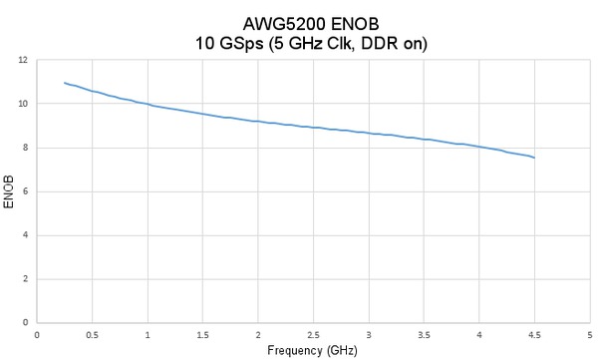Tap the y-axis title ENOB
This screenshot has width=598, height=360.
click(9, 191)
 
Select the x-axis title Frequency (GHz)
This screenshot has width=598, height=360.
click(313, 351)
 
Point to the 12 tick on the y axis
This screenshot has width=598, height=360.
click(23, 60)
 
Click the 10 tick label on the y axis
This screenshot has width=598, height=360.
click(23, 104)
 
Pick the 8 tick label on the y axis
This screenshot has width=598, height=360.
click(26, 148)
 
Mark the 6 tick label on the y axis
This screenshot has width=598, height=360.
click(26, 191)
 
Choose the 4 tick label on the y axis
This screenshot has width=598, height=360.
click(26, 235)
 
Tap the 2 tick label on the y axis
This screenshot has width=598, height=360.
click(26, 279)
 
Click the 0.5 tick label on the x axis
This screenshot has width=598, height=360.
click(93, 334)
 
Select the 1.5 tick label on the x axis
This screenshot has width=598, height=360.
click(203, 334)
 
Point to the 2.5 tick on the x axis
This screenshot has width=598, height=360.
click(314, 334)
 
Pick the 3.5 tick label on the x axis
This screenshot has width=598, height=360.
click(425, 334)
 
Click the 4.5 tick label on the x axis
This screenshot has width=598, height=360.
click(535, 334)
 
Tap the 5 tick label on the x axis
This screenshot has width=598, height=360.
click(590, 334)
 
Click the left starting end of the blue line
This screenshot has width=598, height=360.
click(65, 83)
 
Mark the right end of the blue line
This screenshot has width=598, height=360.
click(535, 158)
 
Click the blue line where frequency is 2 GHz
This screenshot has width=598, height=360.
click(258, 122)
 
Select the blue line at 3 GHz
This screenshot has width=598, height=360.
click(369, 133)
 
